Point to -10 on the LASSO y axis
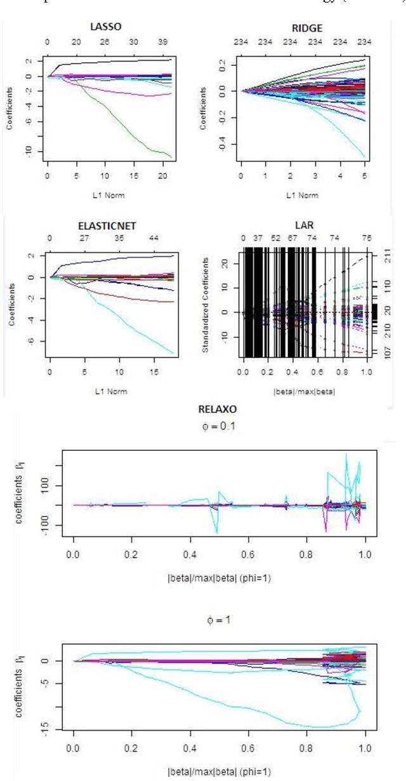(x=28, y=151)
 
